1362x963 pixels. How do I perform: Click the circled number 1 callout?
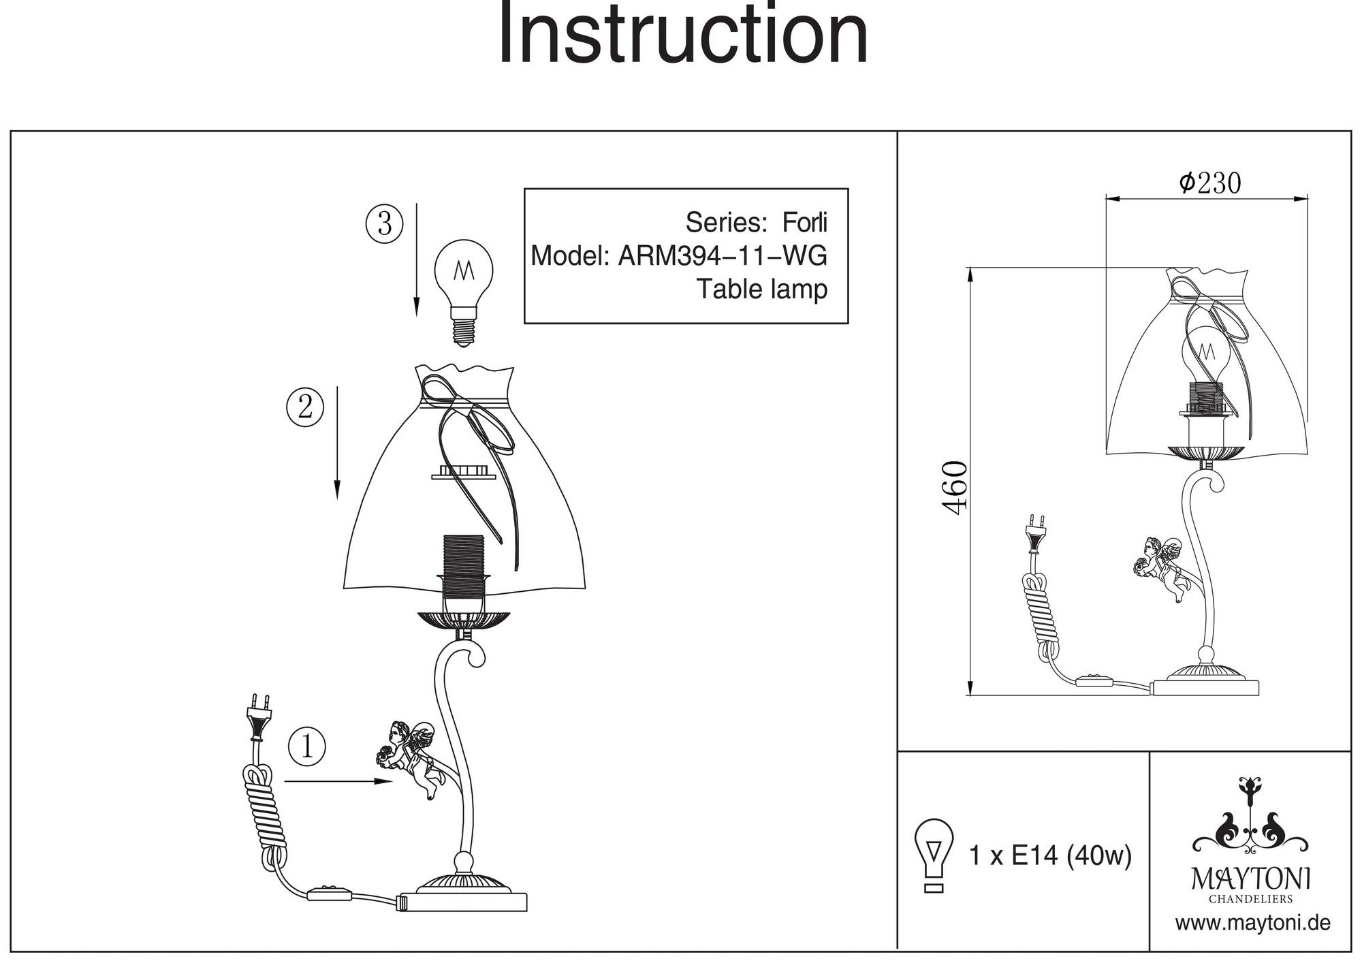coord(307,746)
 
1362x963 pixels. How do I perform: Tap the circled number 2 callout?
coord(304,407)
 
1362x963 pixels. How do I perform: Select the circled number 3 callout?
coord(385,223)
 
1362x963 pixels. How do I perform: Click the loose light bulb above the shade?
coord(464,286)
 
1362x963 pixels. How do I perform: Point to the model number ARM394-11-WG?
coord(722,256)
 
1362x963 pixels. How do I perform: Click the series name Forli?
coord(804,223)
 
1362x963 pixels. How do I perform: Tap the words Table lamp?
coord(761,289)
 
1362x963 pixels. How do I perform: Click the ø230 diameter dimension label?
coord(1209,183)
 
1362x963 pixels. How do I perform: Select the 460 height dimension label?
coord(955,488)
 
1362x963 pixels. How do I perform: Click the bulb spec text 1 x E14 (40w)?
coord(1050,855)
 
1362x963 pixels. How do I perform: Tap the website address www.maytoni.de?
coord(1252,923)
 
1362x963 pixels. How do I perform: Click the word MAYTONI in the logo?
coord(1251,879)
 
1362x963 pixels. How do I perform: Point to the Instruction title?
coord(682,34)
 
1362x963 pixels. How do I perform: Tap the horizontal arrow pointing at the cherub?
coord(338,781)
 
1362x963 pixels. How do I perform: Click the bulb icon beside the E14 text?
coord(934,855)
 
